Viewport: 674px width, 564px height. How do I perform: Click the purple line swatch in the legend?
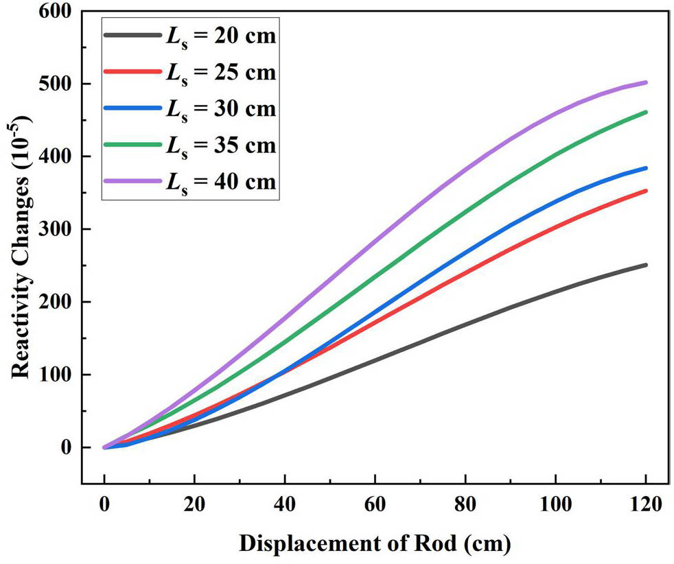(130, 181)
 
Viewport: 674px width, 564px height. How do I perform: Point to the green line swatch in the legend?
(130, 145)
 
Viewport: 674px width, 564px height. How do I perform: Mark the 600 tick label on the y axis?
(54, 12)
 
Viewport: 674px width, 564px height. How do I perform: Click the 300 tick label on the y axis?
(54, 229)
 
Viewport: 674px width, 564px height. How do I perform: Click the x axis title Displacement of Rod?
(375, 543)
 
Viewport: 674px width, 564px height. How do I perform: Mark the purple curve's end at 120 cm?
(646, 82)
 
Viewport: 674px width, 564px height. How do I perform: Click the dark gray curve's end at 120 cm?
(646, 265)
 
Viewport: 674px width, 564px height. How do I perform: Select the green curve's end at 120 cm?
(646, 112)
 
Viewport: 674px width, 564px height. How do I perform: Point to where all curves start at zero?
(104, 447)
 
